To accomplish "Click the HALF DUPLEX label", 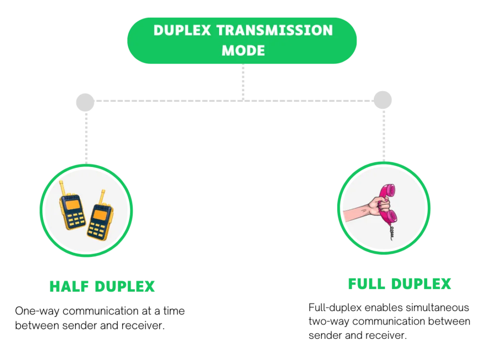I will point(102,287).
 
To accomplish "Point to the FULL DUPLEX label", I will point(399,284).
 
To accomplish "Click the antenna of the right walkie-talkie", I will point(102,196).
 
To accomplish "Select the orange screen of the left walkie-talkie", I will point(72,205).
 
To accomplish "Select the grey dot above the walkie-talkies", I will point(84,102).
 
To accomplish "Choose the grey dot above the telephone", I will point(382,98).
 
